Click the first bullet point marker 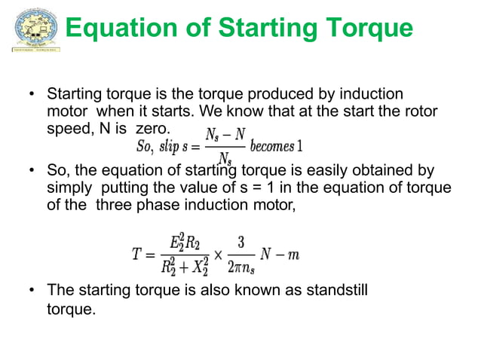32,96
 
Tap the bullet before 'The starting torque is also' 32,290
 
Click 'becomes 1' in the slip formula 276,145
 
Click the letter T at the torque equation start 137,255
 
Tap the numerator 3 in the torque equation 241,243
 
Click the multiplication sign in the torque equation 218,255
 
